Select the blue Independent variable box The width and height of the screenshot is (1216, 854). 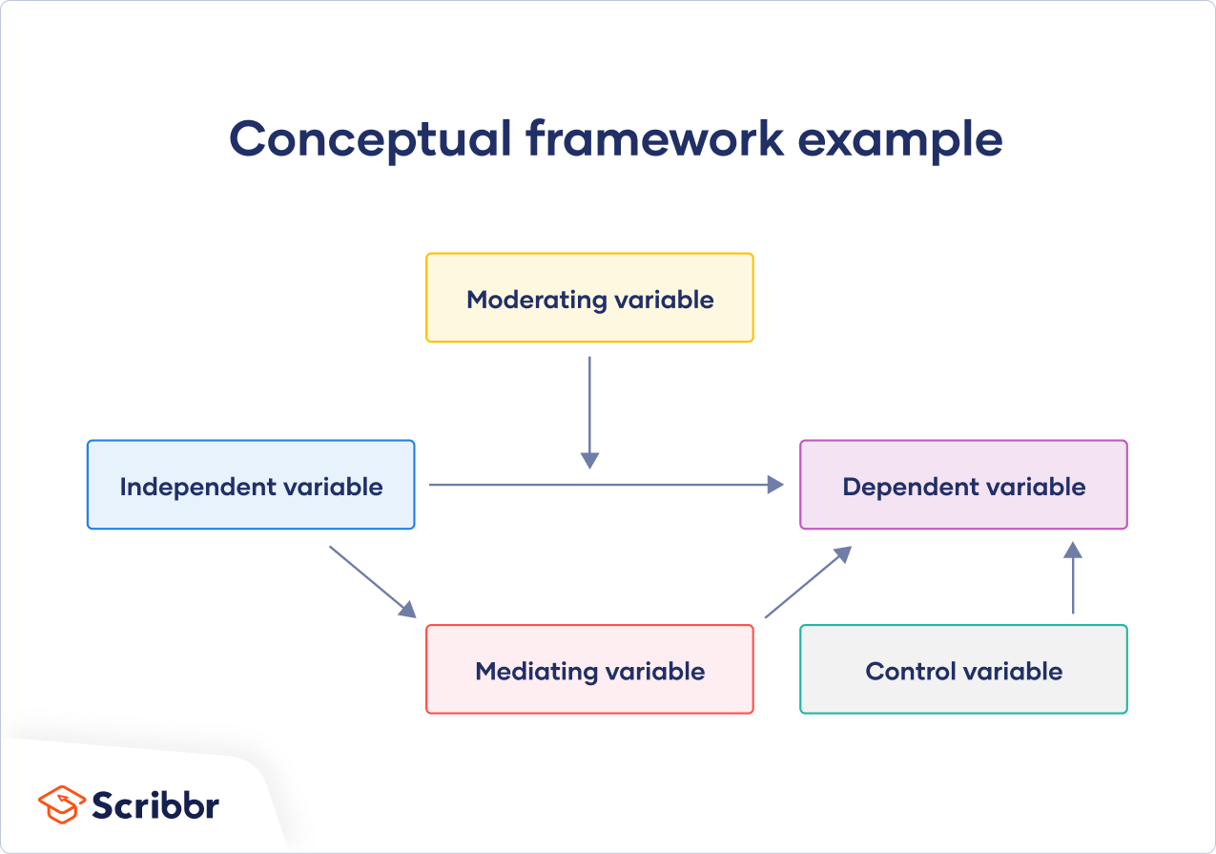pyautogui.click(x=251, y=510)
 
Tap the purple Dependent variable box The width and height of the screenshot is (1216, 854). pyautogui.click(x=963, y=510)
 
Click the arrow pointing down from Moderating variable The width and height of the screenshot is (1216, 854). pyautogui.click(x=589, y=410)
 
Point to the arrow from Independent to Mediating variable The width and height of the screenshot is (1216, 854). pyautogui.click(x=372, y=581)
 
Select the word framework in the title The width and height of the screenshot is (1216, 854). pyautogui.click(x=655, y=139)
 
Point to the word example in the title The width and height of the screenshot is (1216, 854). pyautogui.click(x=900, y=139)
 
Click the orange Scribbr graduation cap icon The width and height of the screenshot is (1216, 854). pyautogui.click(x=61, y=803)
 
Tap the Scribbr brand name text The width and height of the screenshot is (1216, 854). pyautogui.click(x=155, y=804)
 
